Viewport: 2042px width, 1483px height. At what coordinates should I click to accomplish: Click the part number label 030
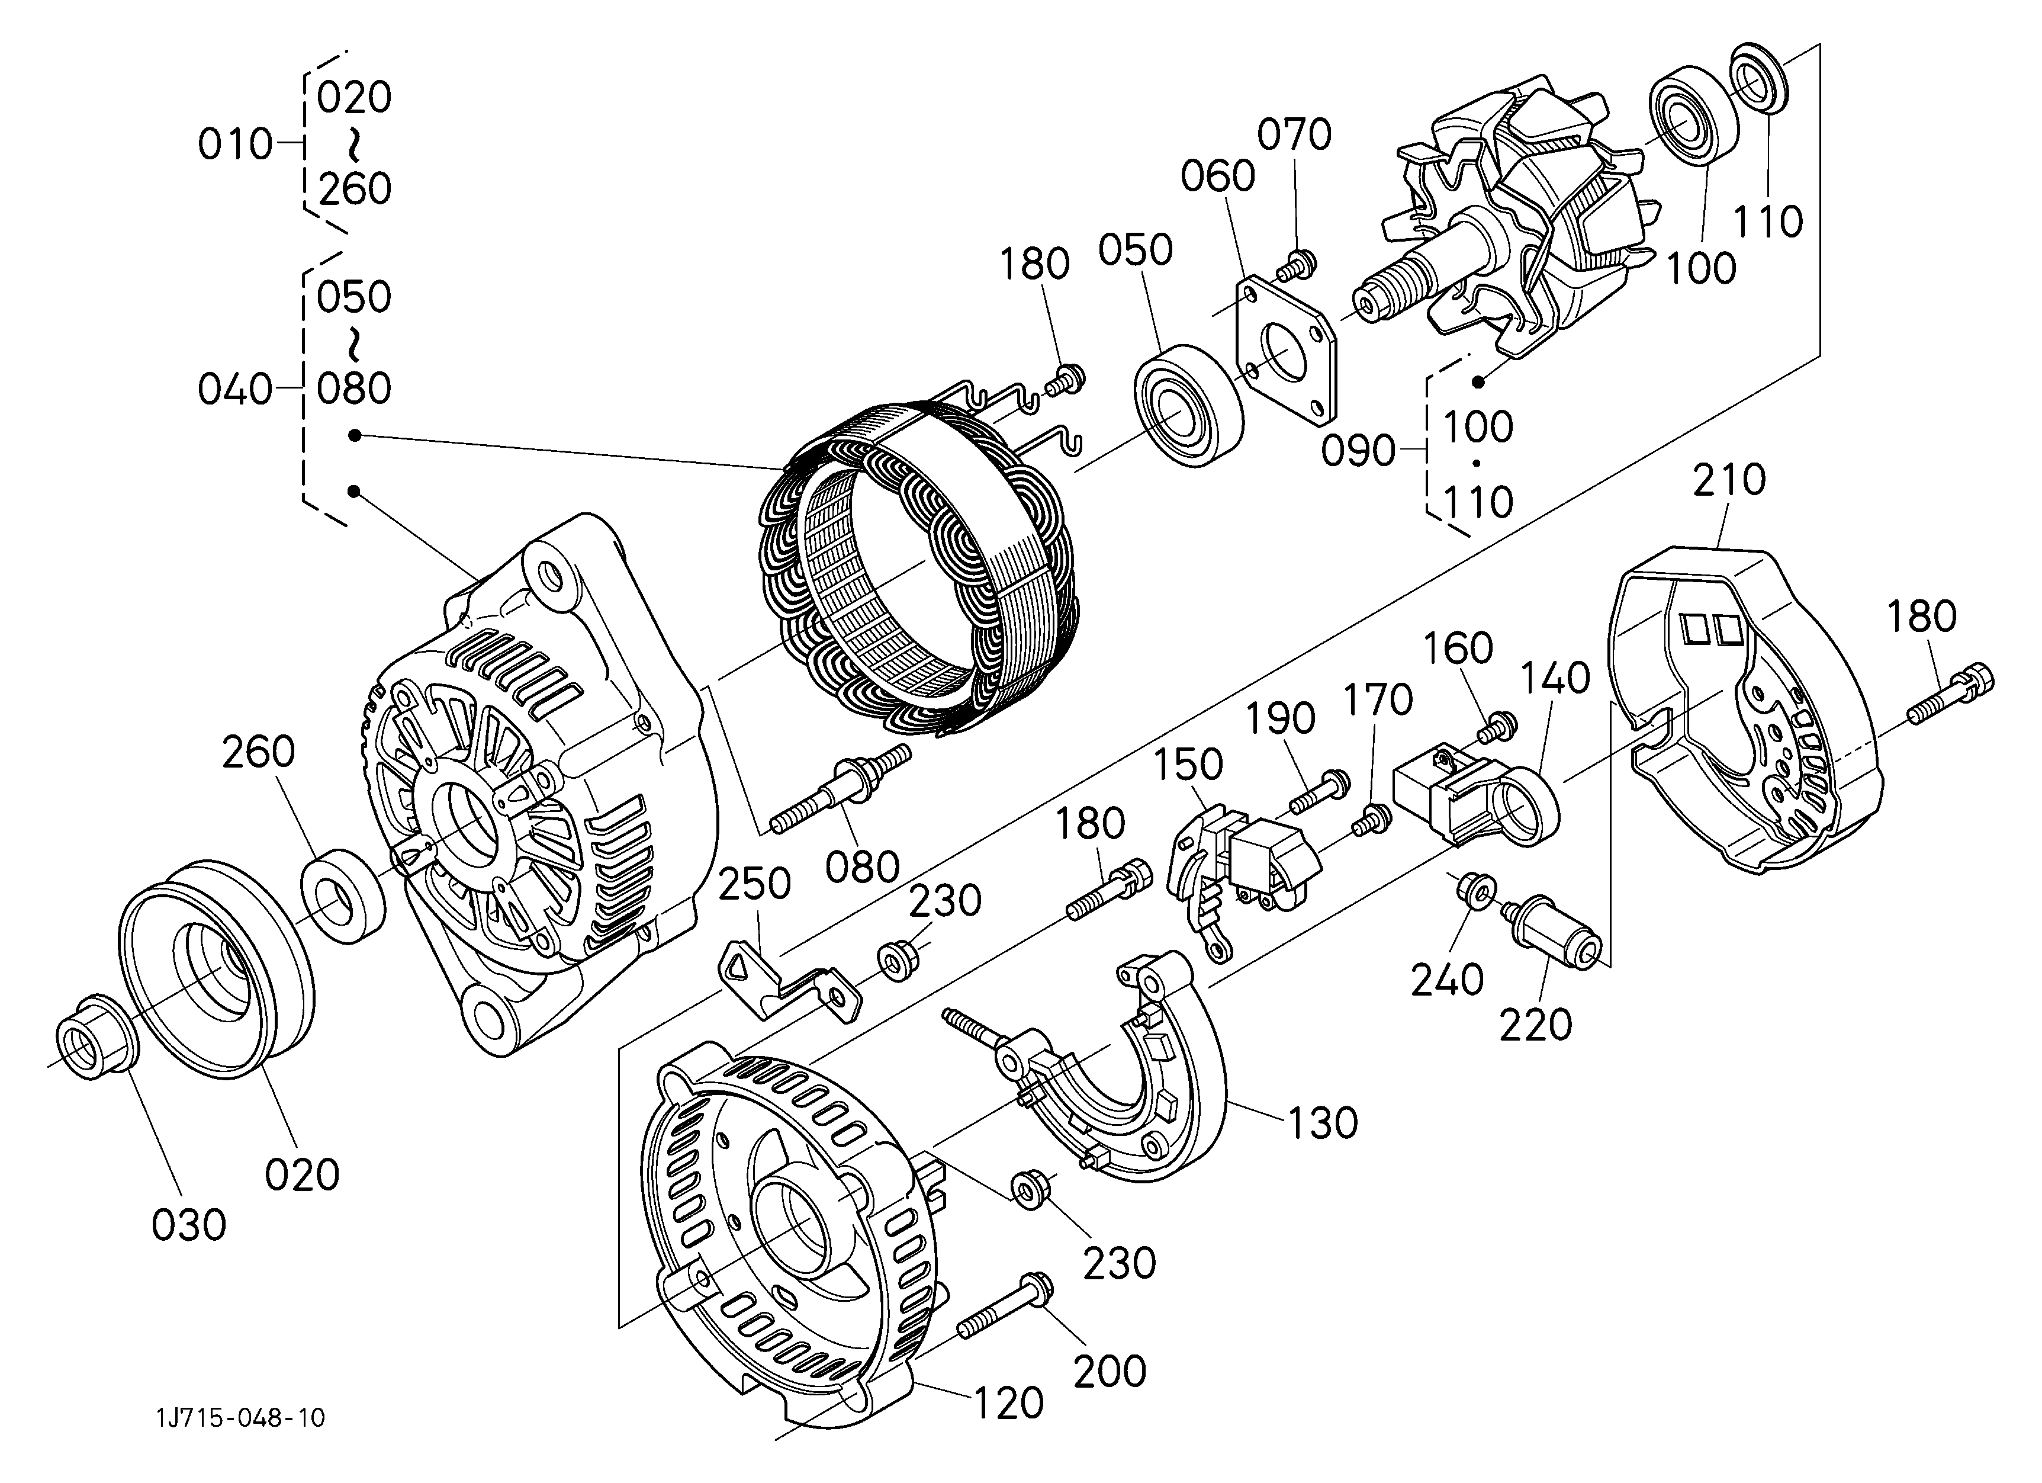(x=188, y=1225)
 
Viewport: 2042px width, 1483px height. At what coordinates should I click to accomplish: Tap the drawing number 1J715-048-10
(x=240, y=1418)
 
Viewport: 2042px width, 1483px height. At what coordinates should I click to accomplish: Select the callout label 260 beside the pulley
(x=258, y=753)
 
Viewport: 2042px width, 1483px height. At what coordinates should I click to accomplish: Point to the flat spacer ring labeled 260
(x=343, y=895)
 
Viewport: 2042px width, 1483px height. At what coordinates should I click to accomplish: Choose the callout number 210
(x=1729, y=481)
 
